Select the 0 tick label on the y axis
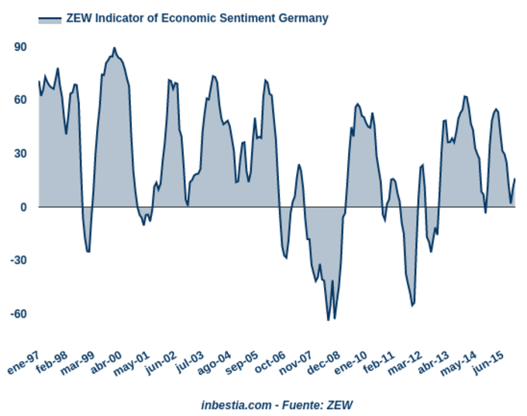(24, 207)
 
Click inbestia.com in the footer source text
(236, 404)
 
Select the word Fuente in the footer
(303, 404)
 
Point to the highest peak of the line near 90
(114, 48)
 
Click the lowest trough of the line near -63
(328, 319)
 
